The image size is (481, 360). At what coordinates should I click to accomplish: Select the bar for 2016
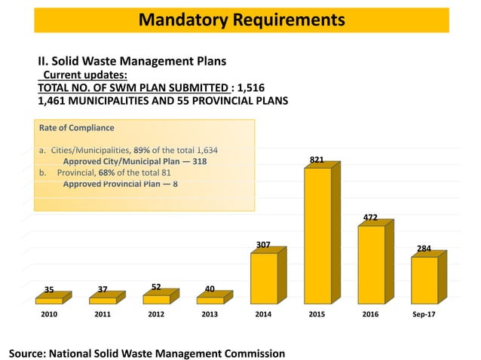click(371, 264)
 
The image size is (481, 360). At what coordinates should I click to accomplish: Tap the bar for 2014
click(264, 278)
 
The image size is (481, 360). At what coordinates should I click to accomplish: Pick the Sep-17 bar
click(424, 280)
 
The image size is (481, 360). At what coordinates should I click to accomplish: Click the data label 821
click(317, 160)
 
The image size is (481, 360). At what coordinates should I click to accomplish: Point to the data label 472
click(371, 218)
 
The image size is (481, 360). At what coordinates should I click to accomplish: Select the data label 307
click(263, 246)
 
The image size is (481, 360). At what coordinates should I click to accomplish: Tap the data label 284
click(424, 249)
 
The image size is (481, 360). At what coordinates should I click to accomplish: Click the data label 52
click(156, 287)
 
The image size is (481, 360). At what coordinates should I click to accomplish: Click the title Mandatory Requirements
click(241, 18)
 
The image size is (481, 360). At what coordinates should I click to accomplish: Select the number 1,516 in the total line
click(250, 87)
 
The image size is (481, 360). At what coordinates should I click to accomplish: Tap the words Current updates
click(84, 75)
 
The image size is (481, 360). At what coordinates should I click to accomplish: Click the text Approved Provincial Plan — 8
click(121, 183)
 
